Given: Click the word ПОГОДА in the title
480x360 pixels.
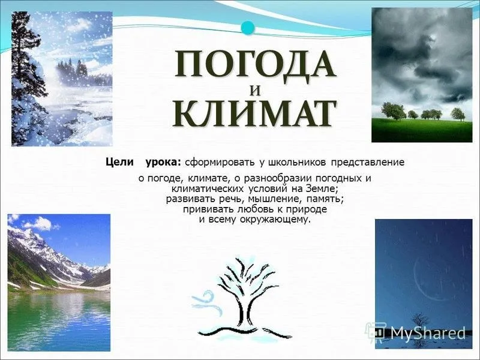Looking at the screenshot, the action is click(255, 65).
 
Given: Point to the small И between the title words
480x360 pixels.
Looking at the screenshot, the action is click(255, 91).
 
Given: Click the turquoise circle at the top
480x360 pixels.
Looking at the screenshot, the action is click(248, 28).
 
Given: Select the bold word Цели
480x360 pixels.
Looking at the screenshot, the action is click(119, 162).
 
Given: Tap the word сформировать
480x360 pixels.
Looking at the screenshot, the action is click(220, 163).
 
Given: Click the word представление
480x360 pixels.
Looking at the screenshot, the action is click(368, 163).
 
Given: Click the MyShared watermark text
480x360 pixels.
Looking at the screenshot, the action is click(428, 332).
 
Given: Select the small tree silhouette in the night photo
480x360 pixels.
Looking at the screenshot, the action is click(418, 321).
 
